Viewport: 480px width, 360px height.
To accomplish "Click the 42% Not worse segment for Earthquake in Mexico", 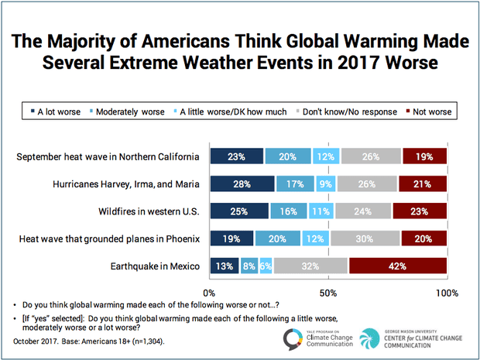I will click(397, 266).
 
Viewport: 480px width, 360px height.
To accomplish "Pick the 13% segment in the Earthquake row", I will click(223, 266).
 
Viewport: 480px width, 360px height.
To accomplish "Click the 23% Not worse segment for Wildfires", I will click(420, 211).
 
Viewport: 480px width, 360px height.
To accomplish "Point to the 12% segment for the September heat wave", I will click(326, 157).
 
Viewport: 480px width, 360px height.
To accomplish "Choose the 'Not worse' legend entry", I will click(429, 111).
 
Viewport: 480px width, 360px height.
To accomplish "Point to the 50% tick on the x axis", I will click(327, 293).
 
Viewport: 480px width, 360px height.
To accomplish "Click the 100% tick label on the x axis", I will click(446, 293).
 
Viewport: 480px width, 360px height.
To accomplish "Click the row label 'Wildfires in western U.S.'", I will click(145, 211).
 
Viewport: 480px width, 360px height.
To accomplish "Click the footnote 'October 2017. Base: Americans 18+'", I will click(89, 340).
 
